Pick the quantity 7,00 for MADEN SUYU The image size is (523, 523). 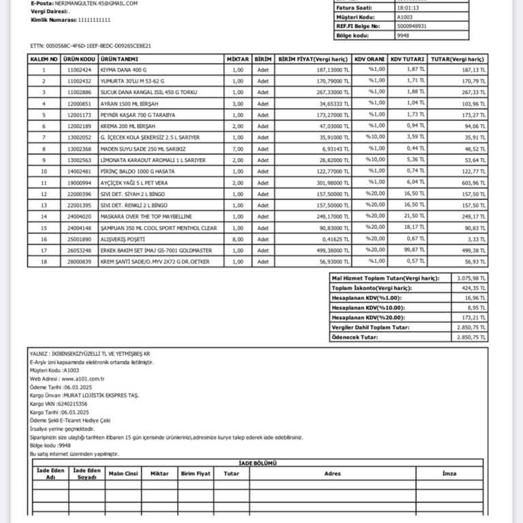238,148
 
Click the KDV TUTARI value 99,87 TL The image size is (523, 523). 416,251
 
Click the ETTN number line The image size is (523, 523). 91,46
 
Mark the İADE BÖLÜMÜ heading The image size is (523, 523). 259,462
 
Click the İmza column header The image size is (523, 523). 449,473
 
